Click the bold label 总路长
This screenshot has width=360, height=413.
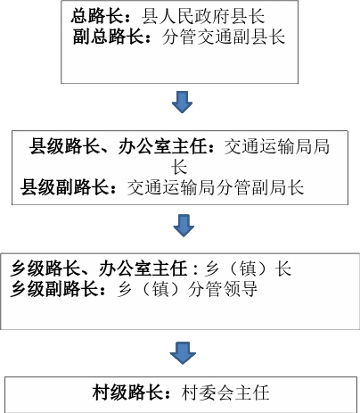click(x=96, y=16)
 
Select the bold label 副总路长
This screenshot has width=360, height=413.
click(x=108, y=37)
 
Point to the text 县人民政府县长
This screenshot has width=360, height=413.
click(x=203, y=16)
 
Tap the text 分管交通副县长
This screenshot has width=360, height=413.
click(x=224, y=37)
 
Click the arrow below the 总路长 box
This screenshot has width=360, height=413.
click(x=182, y=102)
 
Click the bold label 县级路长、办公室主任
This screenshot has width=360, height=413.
click(x=118, y=146)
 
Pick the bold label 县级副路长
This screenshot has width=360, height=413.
click(x=64, y=187)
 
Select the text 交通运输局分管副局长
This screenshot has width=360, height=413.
click(x=216, y=187)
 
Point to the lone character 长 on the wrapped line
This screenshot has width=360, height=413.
click(x=179, y=167)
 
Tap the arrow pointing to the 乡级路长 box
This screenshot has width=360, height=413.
click(x=184, y=226)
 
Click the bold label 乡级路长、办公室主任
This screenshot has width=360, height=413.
click(x=99, y=268)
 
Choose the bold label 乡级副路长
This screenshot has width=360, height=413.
click(x=54, y=289)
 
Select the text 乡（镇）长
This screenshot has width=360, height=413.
click(x=249, y=268)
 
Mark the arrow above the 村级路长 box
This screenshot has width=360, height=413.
click(x=183, y=353)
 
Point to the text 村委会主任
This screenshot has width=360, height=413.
click(x=225, y=392)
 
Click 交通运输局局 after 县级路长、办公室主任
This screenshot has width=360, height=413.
click(x=277, y=146)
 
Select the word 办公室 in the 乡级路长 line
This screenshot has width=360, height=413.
click(x=125, y=268)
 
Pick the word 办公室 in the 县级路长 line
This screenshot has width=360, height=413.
click(x=144, y=146)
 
